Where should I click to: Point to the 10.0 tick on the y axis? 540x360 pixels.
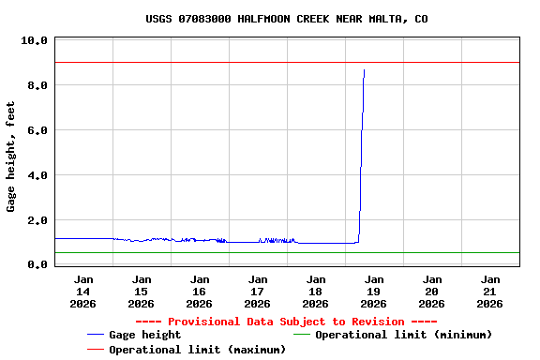(34, 41)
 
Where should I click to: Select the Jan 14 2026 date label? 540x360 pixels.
(83, 291)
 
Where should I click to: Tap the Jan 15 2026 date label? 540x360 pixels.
(142, 291)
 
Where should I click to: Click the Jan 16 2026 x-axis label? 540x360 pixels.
(200, 291)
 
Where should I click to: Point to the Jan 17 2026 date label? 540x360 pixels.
(258, 291)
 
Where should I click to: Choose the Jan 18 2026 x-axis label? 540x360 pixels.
(316, 291)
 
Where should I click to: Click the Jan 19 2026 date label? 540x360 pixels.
(374, 291)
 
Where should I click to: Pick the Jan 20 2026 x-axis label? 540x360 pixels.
(432, 291)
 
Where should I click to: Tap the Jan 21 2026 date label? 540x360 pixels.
(490, 291)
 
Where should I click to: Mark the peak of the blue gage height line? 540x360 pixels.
(364, 70)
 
